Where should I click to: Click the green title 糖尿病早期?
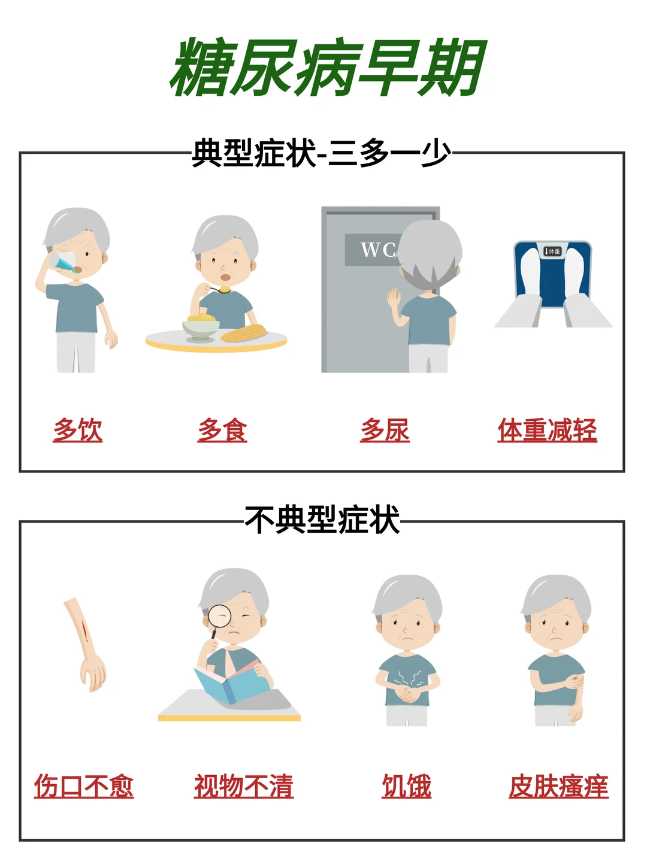pyautogui.click(x=328, y=68)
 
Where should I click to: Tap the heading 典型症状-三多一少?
pyautogui.click(x=321, y=153)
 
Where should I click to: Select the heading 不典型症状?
pyautogui.click(x=322, y=519)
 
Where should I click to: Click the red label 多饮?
pyautogui.click(x=78, y=430)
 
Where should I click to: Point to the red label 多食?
pyautogui.click(x=222, y=430)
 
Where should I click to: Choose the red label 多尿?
pyautogui.click(x=385, y=430)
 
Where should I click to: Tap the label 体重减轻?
pyautogui.click(x=547, y=430)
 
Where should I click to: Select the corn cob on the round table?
pyautogui.click(x=244, y=334)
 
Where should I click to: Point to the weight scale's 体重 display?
pyautogui.click(x=552, y=251)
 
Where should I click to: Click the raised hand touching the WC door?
pyautogui.click(x=394, y=299)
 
